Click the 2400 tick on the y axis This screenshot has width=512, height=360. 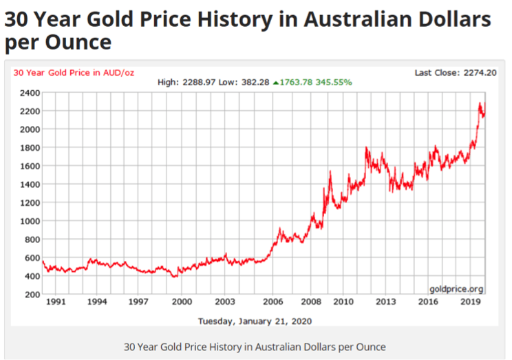tap(28, 93)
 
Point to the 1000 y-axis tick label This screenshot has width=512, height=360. tap(28, 221)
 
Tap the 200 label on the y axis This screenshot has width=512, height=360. tap(30, 295)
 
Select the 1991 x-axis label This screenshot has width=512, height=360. tap(55, 301)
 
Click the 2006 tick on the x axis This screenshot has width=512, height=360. tap(273, 301)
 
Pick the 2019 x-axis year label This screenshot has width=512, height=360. tap(469, 301)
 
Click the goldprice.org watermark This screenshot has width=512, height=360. tap(456, 288)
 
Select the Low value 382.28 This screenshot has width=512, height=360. tap(255, 83)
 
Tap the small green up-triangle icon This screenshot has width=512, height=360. tap(276, 83)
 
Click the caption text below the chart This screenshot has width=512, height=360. tap(255, 346)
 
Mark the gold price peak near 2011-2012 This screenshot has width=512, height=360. tap(367, 147)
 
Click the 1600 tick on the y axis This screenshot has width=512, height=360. tap(28, 166)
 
